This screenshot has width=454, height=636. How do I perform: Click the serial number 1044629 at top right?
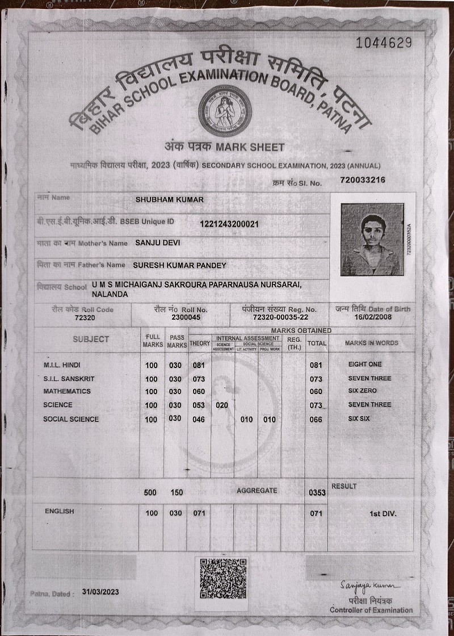pyautogui.click(x=383, y=43)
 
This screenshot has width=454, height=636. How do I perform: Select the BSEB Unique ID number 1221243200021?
pyautogui.click(x=229, y=224)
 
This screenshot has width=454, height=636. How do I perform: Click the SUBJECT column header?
pyautogui.click(x=91, y=339)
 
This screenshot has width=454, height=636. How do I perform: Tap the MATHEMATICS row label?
pyautogui.click(x=67, y=391)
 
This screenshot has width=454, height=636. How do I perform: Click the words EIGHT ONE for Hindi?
pyautogui.click(x=365, y=364)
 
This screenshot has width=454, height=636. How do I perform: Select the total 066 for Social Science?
pyautogui.click(x=316, y=420)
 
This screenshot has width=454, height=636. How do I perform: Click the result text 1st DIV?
pyautogui.click(x=383, y=513)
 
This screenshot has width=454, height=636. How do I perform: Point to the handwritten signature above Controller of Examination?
pyautogui.click(x=370, y=585)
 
